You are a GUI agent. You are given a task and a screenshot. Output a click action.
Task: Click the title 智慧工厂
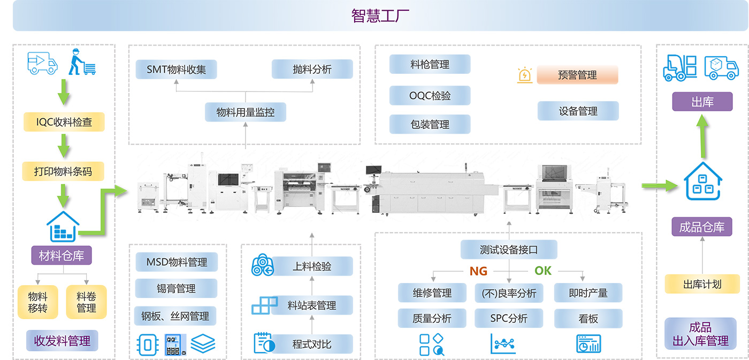click(x=380, y=16)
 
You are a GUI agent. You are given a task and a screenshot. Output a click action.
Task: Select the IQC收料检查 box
click(x=64, y=122)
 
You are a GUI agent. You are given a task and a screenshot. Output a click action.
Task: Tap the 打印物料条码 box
click(x=63, y=172)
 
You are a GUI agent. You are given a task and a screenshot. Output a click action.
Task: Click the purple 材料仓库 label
click(x=62, y=255)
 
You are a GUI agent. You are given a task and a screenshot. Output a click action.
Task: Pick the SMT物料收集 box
click(x=176, y=70)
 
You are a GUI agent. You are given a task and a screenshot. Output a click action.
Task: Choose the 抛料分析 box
click(x=312, y=69)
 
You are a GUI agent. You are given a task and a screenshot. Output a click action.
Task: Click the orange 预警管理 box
click(x=577, y=75)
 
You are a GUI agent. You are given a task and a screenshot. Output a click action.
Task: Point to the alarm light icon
click(x=525, y=75)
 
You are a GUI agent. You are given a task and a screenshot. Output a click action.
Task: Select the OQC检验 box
click(x=430, y=96)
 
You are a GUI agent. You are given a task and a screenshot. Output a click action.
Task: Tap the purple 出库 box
click(x=702, y=102)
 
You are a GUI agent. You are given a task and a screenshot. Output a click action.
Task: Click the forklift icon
click(x=680, y=68)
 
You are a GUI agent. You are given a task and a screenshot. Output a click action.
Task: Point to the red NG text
click(x=478, y=271)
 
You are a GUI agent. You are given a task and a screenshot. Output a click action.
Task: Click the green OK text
click(x=542, y=271)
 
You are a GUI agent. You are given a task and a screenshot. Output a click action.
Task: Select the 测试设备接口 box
click(x=509, y=249)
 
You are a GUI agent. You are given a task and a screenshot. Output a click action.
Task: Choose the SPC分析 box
click(x=509, y=318)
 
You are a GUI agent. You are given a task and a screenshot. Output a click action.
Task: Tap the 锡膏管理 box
click(x=176, y=288)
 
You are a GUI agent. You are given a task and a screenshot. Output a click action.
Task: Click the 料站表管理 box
click(x=312, y=305)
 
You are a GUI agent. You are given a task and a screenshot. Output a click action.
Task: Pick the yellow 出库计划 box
click(x=702, y=284)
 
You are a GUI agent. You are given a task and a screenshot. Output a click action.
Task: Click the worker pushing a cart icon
click(x=82, y=62)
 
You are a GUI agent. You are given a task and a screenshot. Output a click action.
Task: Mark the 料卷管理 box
click(x=86, y=302)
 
